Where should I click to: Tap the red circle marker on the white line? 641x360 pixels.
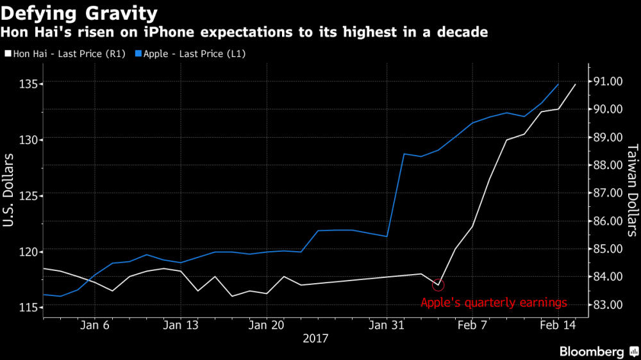pos(438,284)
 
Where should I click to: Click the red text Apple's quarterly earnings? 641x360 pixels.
pos(494,303)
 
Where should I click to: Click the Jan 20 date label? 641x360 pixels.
pos(266,325)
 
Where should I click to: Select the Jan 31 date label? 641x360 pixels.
pos(387,325)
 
